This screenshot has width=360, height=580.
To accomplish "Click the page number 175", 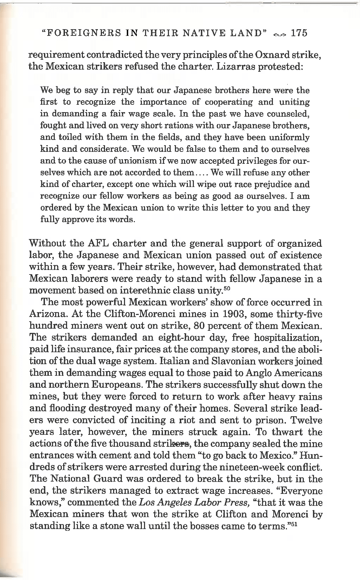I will click(299, 33).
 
